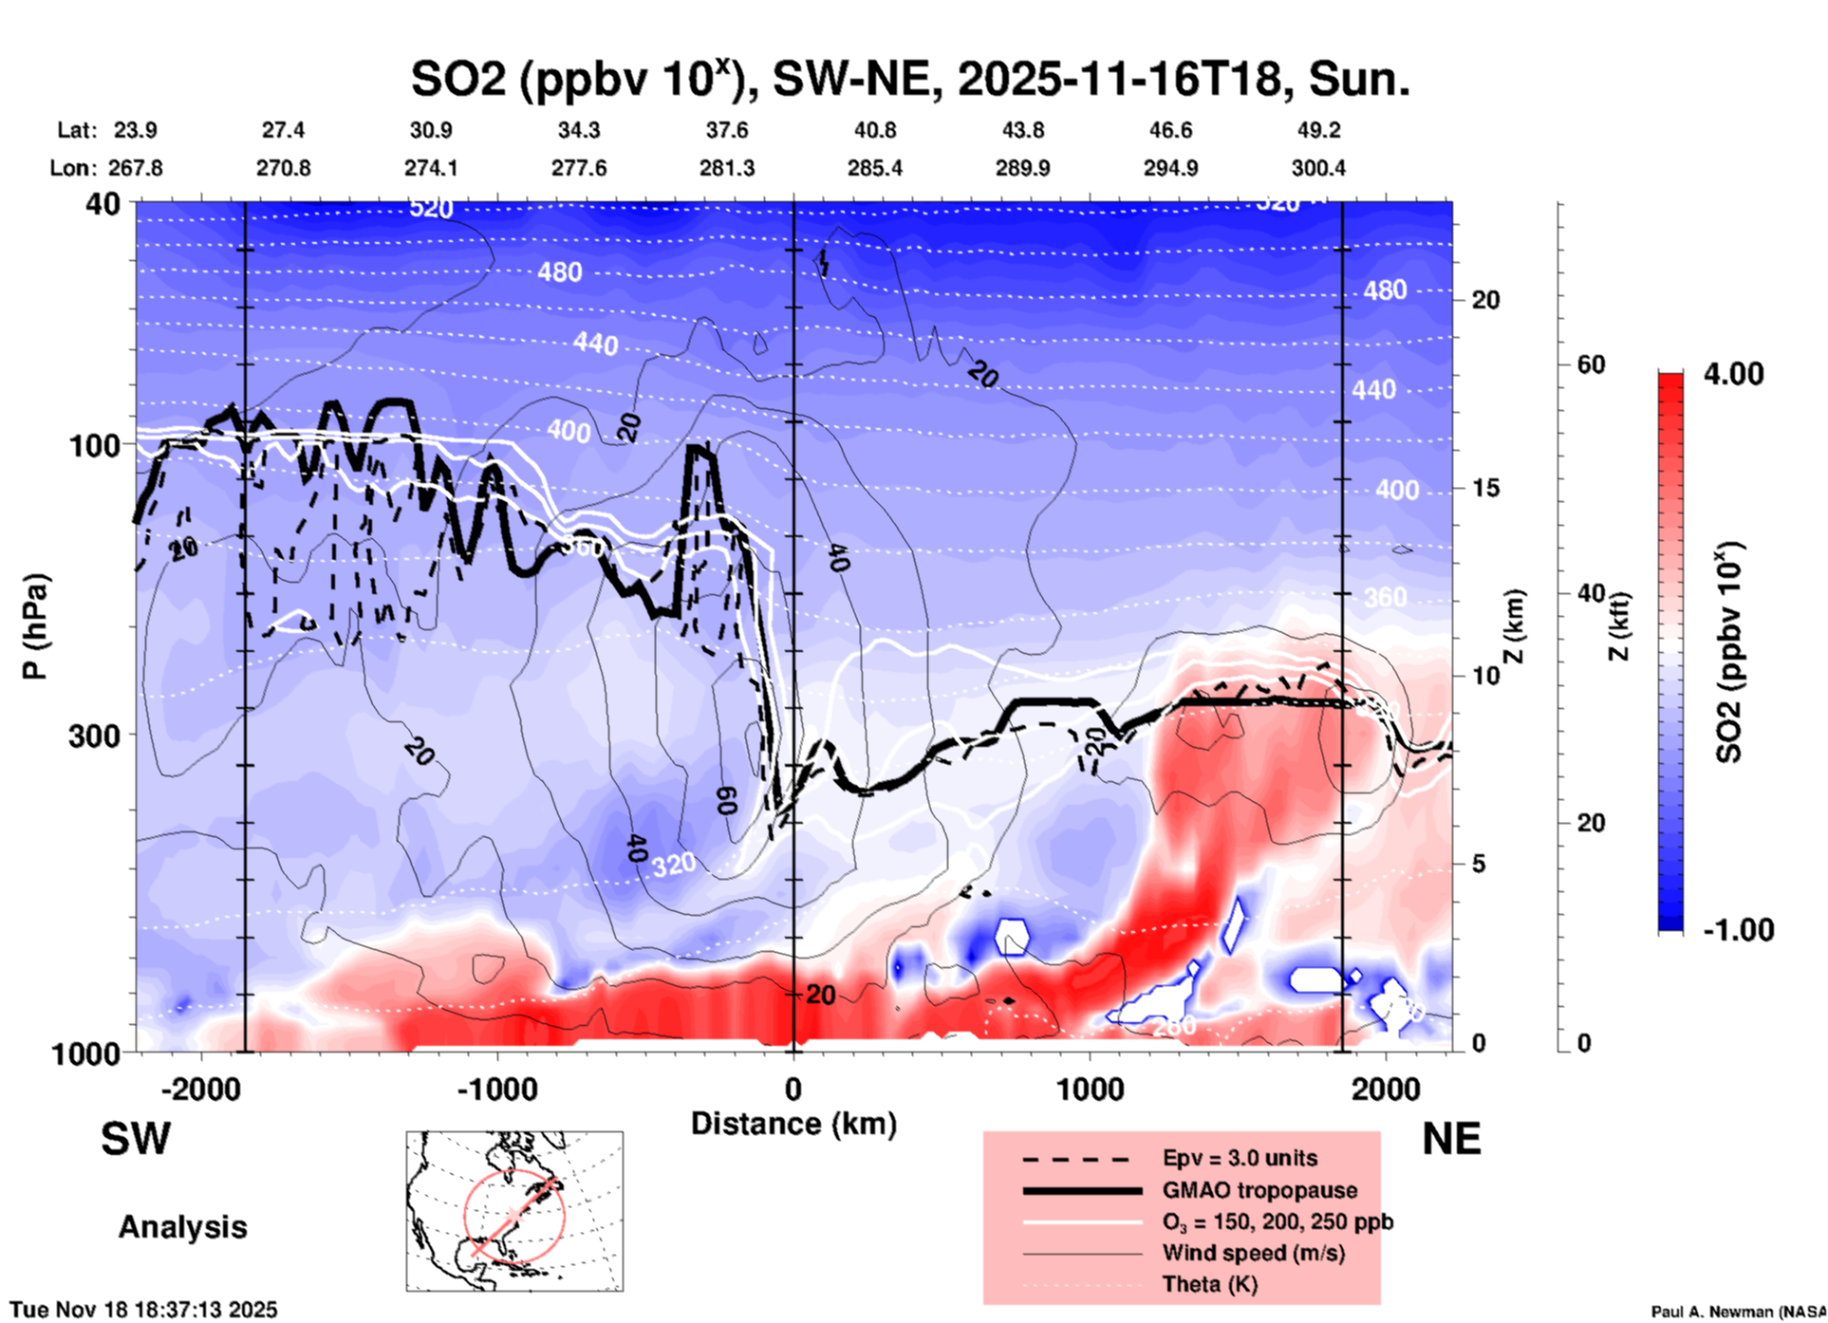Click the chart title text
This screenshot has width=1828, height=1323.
tap(909, 80)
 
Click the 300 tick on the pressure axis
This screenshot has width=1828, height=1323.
tap(95, 736)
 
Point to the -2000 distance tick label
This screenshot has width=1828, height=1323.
tap(200, 1090)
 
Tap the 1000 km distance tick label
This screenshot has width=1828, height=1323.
tap(1090, 1090)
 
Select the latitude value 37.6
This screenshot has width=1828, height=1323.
tap(727, 130)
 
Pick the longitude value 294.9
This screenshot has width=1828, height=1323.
tap(1170, 168)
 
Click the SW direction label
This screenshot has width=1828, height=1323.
tap(136, 1139)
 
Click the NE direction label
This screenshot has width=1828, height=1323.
tap(1451, 1139)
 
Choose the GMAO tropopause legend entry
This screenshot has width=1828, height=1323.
tap(1259, 1190)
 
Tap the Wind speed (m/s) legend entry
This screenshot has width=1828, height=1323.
tap(1253, 1253)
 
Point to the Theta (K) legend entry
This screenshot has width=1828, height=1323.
tap(1209, 1284)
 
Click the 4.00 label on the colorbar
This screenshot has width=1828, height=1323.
tap(1733, 374)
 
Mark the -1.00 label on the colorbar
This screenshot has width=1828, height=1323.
tap(1738, 930)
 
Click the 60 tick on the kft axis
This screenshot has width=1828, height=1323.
tap(1591, 364)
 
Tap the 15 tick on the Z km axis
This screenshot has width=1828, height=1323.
tap(1485, 488)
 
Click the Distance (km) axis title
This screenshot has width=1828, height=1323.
tap(793, 1124)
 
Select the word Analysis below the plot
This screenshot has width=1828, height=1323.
tap(182, 1227)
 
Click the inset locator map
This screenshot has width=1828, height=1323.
tap(514, 1211)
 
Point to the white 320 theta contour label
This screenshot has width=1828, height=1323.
tap(673, 864)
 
